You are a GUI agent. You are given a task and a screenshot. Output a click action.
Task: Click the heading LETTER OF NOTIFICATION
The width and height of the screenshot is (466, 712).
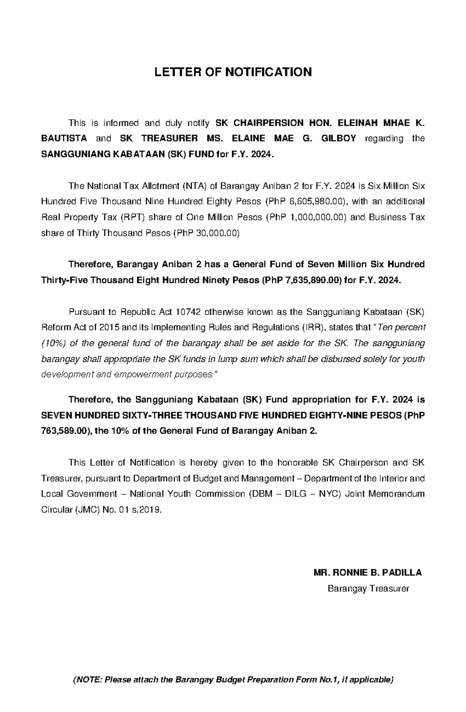click(x=233, y=72)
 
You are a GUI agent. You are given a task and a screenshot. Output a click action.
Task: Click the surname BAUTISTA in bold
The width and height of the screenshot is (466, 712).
click(x=64, y=139)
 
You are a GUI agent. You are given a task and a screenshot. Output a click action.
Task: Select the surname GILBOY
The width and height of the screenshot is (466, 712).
click(x=338, y=139)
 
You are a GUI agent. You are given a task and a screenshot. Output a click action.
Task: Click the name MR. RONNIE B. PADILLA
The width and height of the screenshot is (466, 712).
click(x=367, y=573)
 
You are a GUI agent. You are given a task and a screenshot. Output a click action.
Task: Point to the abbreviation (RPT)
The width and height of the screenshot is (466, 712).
click(x=132, y=218)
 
